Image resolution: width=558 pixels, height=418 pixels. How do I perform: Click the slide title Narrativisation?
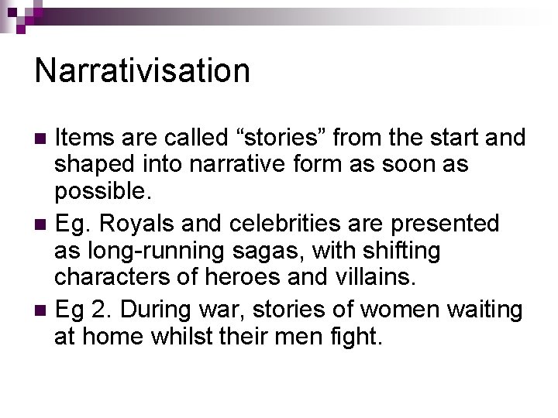pos(143,70)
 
